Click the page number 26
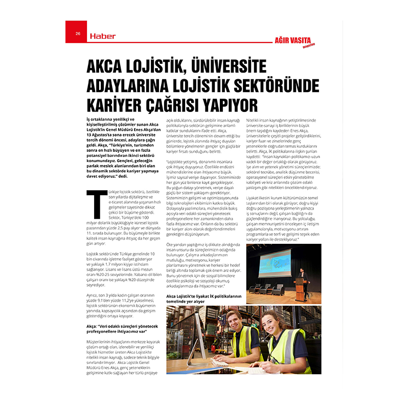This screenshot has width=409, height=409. (x=78, y=34)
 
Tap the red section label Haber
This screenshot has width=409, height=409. (x=103, y=36)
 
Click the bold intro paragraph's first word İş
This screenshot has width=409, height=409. (x=89, y=119)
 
